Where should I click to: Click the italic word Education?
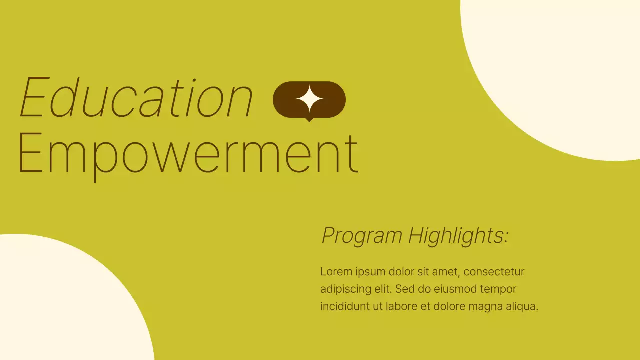(x=136, y=98)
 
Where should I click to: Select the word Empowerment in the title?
(x=188, y=152)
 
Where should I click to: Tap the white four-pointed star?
(x=309, y=99)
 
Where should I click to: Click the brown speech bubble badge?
(x=330, y=100)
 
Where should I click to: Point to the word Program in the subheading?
(x=362, y=235)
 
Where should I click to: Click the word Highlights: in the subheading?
(x=458, y=235)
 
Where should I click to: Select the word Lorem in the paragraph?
(x=335, y=272)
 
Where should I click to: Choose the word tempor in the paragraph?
(x=500, y=289)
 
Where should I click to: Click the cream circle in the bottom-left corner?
(x=60, y=305)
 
